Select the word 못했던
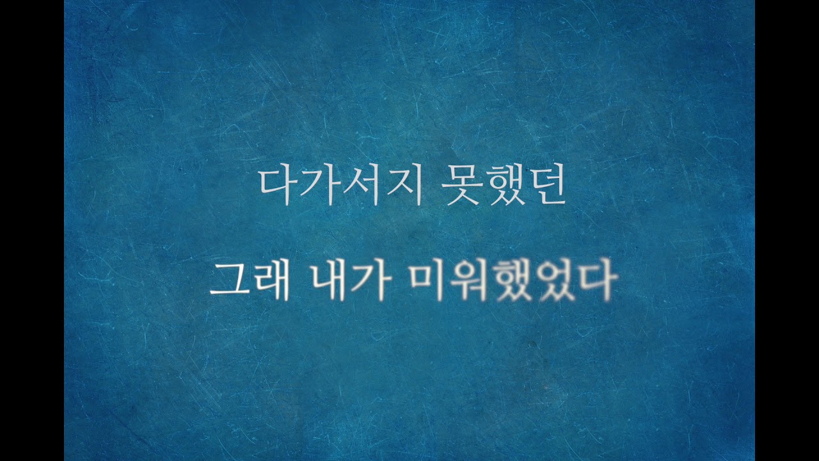[x=504, y=186]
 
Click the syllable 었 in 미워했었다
[x=555, y=283]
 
